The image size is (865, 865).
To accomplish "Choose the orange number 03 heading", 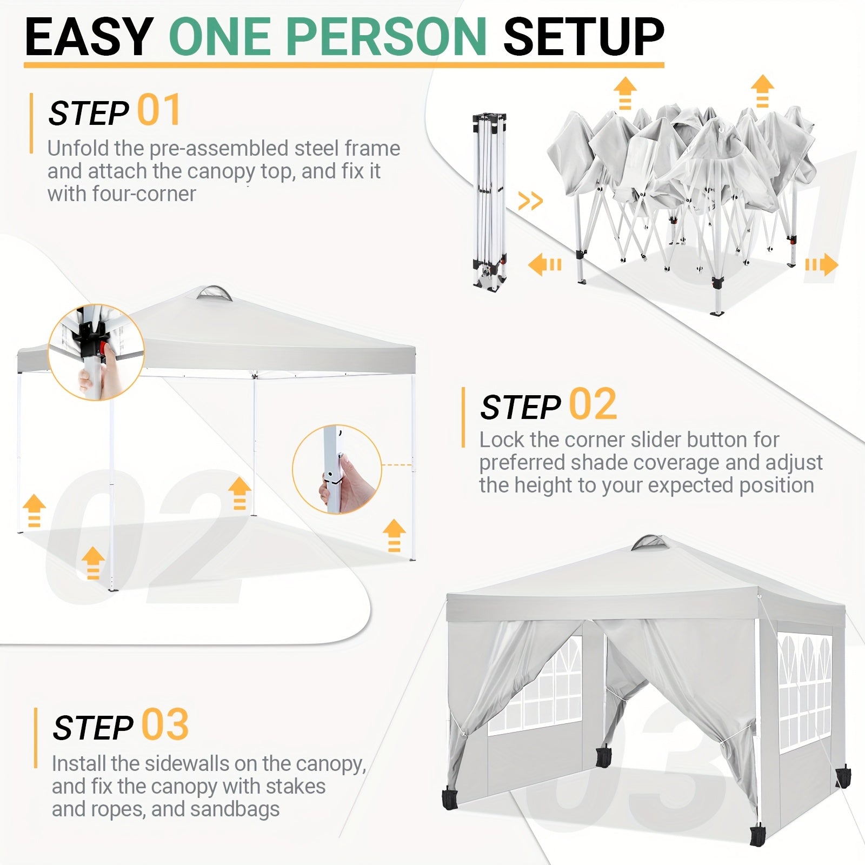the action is click(165, 724).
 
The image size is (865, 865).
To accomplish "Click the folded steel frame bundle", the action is click(489, 201).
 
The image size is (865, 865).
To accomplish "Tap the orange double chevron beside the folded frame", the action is click(530, 201).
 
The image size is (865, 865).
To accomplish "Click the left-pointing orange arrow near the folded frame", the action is click(545, 265).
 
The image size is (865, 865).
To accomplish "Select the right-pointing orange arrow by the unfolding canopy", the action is click(821, 265).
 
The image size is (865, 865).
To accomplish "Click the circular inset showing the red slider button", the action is click(96, 352).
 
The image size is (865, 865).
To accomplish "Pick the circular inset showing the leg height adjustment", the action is click(337, 469).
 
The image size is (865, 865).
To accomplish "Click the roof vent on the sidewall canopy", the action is click(650, 543).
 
